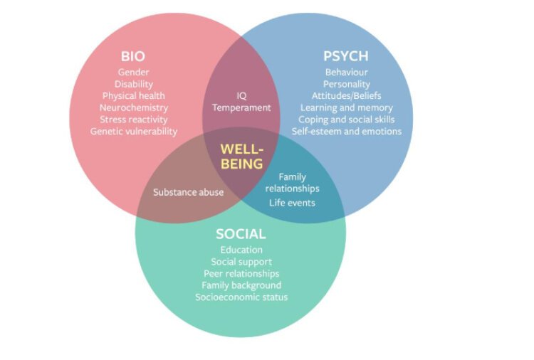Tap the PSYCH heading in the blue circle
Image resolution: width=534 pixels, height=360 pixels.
(346, 56)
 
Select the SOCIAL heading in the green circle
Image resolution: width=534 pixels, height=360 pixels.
(241, 234)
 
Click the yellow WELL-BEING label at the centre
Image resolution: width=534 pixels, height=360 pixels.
(241, 157)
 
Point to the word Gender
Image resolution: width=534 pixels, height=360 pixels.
(134, 73)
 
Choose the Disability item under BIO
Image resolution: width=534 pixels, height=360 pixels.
(134, 84)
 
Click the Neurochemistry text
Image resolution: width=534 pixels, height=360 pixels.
(134, 107)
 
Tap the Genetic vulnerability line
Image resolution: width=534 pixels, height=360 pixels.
(134, 131)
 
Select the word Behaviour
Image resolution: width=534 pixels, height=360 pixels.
(347, 73)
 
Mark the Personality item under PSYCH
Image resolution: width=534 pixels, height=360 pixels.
(347, 84)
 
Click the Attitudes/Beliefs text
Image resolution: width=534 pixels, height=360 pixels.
(347, 96)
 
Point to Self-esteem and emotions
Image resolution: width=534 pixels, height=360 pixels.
(347, 131)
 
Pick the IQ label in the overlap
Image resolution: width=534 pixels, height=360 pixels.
(241, 96)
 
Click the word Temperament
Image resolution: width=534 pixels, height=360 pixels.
(241, 108)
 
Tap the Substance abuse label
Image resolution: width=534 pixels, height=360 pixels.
(188, 192)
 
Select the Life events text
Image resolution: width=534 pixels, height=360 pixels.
(292, 203)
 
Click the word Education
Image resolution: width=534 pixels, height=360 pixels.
(241, 250)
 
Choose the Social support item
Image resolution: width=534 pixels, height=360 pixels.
(241, 262)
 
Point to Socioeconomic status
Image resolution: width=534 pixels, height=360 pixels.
(241, 297)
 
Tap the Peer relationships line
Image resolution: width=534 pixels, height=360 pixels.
(241, 273)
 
